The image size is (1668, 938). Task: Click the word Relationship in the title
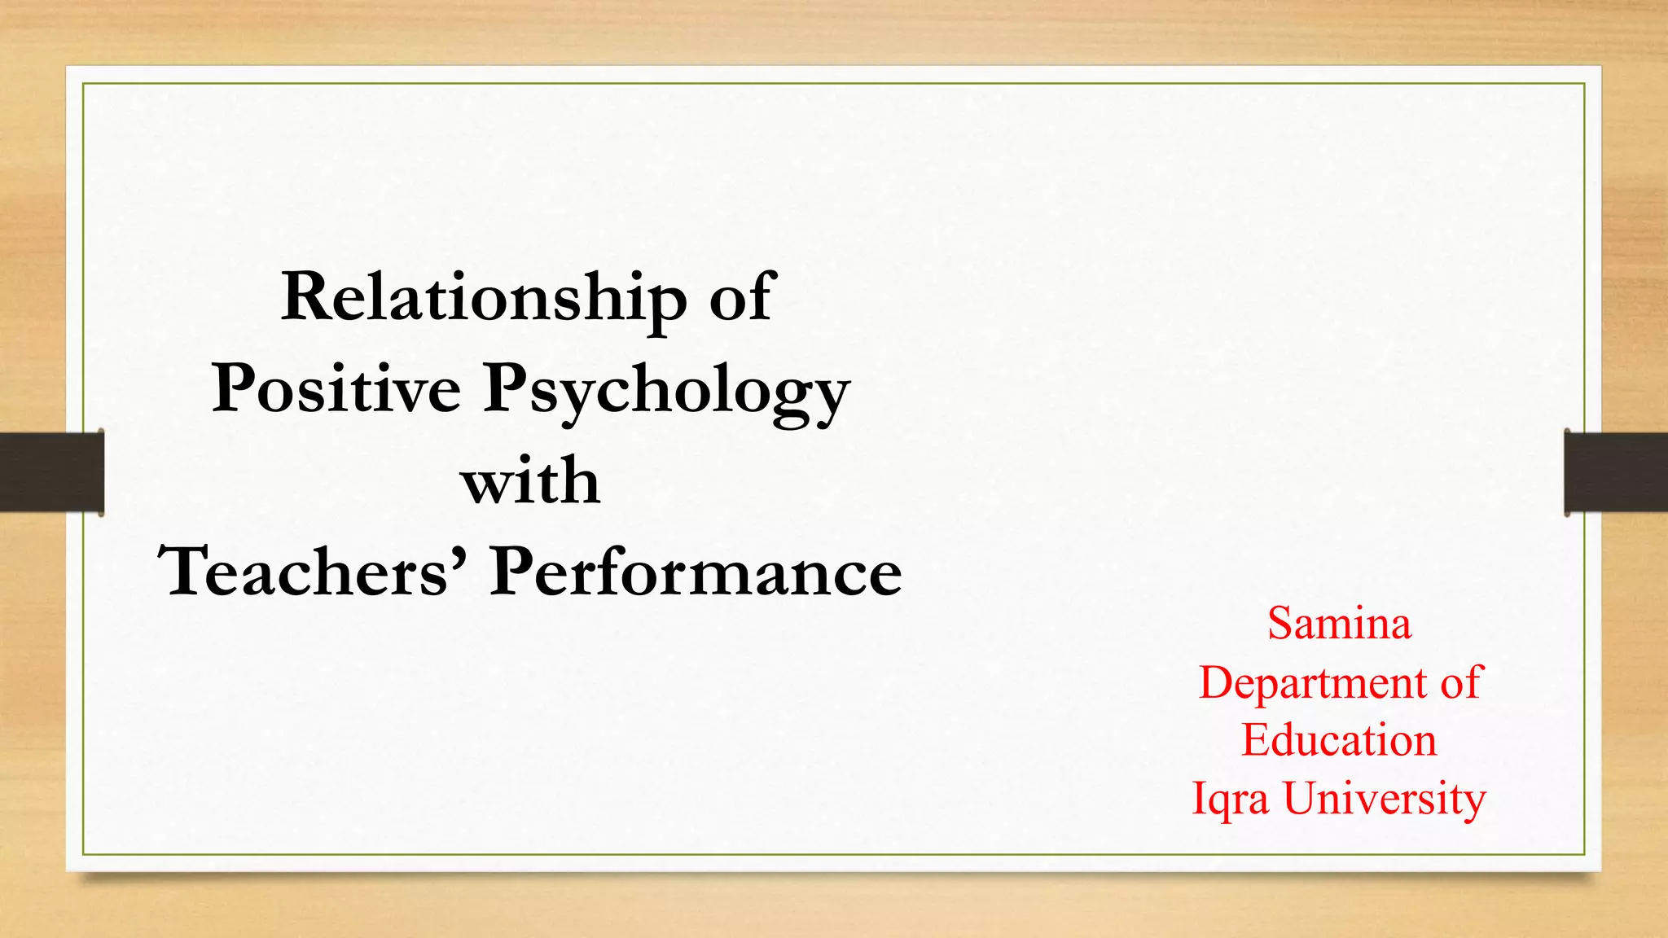pyautogui.click(x=484, y=299)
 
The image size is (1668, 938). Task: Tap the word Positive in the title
pyautogui.click(x=336, y=389)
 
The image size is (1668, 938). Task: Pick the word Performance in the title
pyautogui.click(x=696, y=572)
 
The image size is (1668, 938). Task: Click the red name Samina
pyautogui.click(x=1339, y=624)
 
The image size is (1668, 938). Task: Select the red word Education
pyautogui.click(x=1339, y=740)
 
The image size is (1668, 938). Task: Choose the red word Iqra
pyautogui.click(x=1230, y=800)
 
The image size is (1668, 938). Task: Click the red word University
pyautogui.click(x=1385, y=800)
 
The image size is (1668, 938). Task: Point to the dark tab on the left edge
pyautogui.click(x=51, y=472)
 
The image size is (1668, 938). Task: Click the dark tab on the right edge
pyautogui.click(x=1616, y=472)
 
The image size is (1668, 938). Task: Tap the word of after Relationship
pyautogui.click(x=740, y=297)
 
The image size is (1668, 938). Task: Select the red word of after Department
pyautogui.click(x=1462, y=682)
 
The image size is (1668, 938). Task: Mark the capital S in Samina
pyautogui.click(x=1282, y=624)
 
